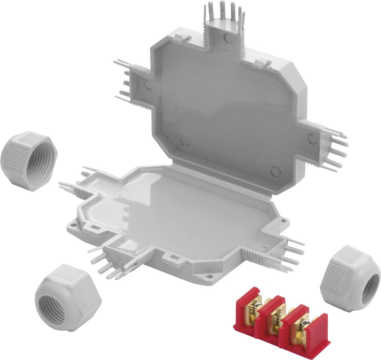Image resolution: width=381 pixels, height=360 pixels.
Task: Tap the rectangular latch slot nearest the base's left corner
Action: (x=94, y=227)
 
